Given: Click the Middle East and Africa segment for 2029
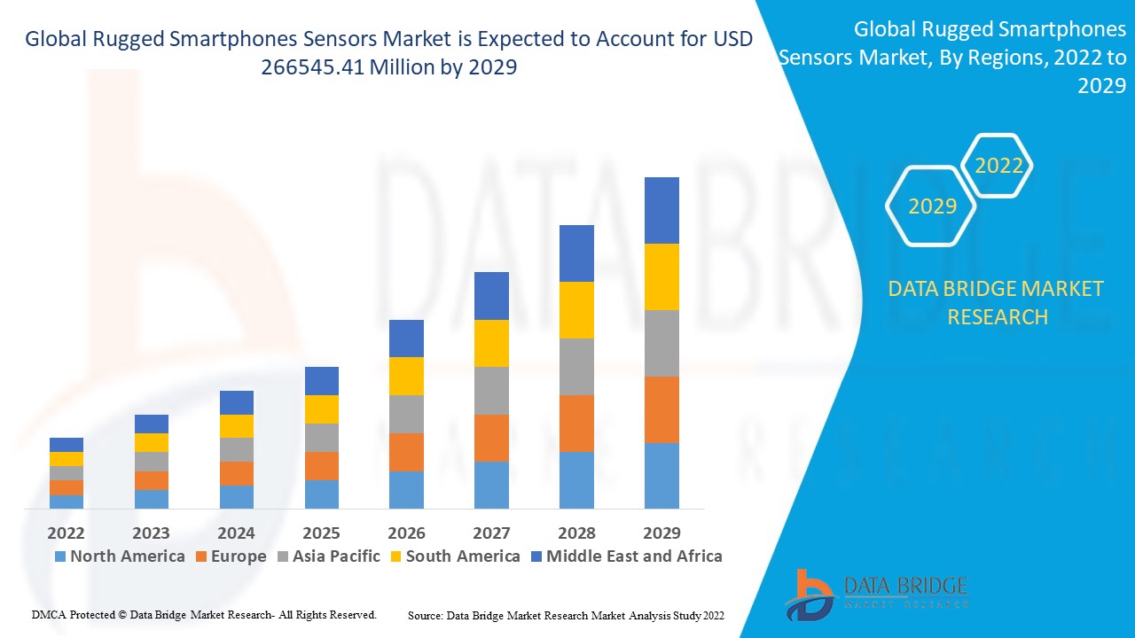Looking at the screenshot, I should (661, 210).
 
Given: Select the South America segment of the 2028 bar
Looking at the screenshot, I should (576, 310).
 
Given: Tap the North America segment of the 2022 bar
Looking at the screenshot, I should (67, 502).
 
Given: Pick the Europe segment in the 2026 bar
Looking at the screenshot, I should (406, 452).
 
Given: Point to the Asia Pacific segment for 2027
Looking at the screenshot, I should (491, 391).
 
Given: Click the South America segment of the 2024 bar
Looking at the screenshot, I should (237, 426).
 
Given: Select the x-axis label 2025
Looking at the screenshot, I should (321, 533).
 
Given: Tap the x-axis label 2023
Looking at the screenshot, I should (151, 533).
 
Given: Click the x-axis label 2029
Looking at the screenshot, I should (661, 533).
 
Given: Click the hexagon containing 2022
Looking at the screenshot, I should (998, 166).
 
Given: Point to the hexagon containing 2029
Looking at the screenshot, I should (932, 206).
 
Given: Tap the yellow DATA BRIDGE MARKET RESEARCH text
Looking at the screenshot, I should (997, 302).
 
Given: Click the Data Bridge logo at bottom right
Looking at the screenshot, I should (875, 594).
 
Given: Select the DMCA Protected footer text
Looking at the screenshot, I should (204, 614).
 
